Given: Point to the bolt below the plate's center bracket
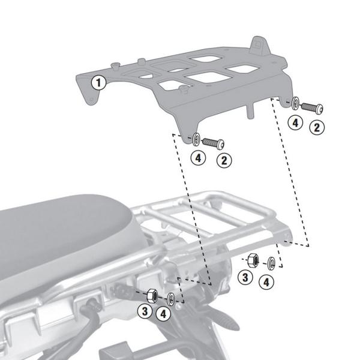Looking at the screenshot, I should (x=214, y=143).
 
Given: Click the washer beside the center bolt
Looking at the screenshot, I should (x=197, y=140).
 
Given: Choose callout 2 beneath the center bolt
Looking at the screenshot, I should (x=223, y=160).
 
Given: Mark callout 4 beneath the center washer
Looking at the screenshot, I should (x=199, y=159).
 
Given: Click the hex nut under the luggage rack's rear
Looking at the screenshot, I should (x=253, y=260).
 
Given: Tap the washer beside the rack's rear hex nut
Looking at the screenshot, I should (x=271, y=262).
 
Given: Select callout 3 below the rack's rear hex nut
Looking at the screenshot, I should (x=244, y=277).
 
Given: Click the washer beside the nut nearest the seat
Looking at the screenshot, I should (x=170, y=298).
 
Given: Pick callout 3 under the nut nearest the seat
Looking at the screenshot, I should (x=145, y=311).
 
